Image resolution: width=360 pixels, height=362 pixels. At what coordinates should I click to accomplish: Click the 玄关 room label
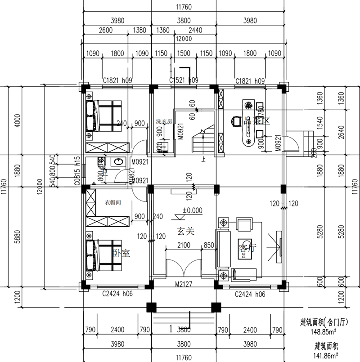pos(184,232)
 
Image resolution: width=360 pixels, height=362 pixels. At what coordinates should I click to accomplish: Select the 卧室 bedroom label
pos(121,254)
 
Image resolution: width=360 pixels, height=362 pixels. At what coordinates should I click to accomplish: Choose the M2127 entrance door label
pos(184,284)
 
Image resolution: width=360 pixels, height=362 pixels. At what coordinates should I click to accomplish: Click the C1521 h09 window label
pos(184,80)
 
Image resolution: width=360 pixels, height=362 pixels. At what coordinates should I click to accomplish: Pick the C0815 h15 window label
pos(77,171)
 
